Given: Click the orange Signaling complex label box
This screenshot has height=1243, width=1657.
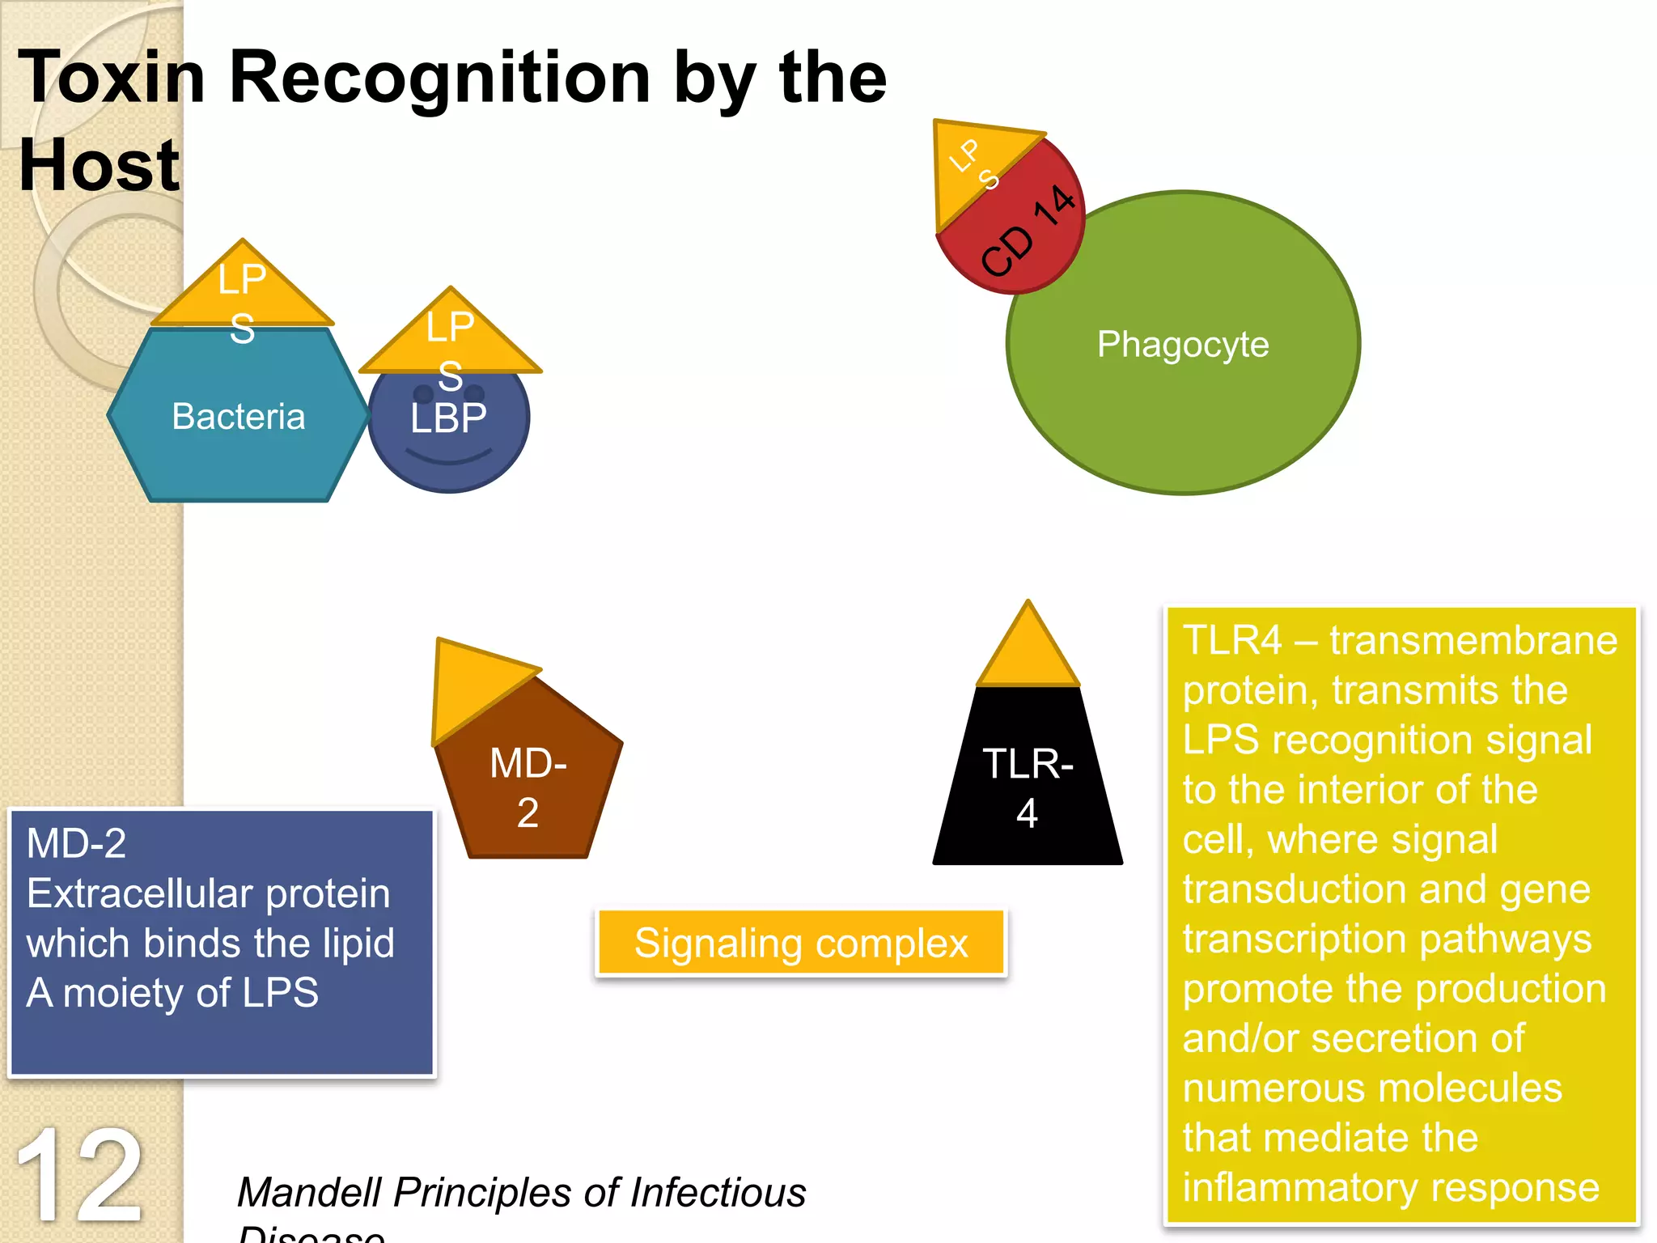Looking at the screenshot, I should pyautogui.click(x=801, y=943).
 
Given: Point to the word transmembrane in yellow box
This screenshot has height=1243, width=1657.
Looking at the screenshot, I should pyautogui.click(x=1473, y=640).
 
